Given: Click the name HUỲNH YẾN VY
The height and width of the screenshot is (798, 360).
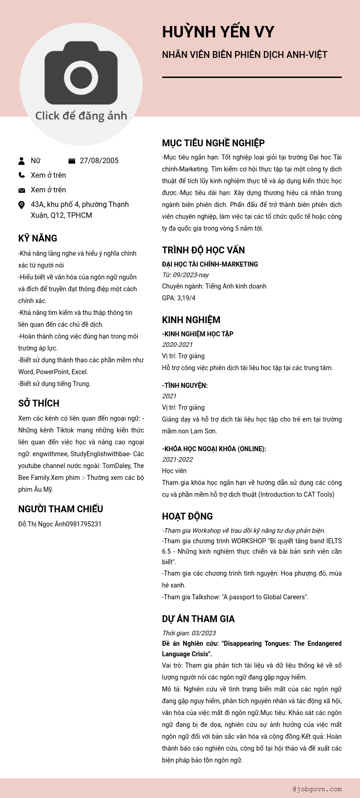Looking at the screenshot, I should [218, 32].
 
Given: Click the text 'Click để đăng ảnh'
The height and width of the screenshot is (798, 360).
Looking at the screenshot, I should [81, 116].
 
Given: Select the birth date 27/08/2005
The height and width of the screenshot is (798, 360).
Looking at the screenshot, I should [99, 160].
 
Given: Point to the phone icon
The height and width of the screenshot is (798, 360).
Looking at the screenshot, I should [21, 175].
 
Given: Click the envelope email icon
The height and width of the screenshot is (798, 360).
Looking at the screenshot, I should [21, 190].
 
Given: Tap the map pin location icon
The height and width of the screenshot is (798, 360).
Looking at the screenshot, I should [21, 205].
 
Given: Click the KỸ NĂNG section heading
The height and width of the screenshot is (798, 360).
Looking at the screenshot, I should [38, 238].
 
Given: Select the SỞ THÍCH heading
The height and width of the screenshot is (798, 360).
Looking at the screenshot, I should [39, 403].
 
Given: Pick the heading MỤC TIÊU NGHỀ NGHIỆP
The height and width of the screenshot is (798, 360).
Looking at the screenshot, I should [213, 143].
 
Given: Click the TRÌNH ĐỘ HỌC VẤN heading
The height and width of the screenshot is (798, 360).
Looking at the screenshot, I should [203, 250].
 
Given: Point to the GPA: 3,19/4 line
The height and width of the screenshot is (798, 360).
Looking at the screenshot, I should [179, 298].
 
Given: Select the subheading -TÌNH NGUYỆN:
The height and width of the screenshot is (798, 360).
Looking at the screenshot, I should [185, 386].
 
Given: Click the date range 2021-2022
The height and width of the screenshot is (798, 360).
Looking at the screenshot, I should [177, 459].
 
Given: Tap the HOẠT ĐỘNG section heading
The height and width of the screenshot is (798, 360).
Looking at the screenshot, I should [187, 516].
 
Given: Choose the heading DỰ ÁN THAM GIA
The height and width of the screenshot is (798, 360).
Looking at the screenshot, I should [198, 619].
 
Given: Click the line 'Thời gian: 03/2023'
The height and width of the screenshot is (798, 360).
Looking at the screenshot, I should [189, 633].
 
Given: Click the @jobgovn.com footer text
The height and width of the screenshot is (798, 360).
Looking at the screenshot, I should [317, 789].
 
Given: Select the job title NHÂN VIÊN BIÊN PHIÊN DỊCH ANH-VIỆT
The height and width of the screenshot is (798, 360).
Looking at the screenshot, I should [245, 55].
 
